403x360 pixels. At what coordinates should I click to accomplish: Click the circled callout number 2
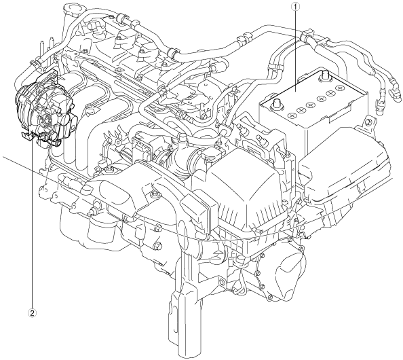click(x=33, y=313)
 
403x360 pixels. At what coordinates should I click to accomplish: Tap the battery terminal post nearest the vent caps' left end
click(x=277, y=103)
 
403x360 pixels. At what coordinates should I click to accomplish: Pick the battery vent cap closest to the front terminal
click(x=292, y=115)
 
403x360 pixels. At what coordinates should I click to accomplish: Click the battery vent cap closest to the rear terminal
click(x=340, y=88)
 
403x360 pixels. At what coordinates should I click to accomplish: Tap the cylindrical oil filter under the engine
click(x=100, y=229)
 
